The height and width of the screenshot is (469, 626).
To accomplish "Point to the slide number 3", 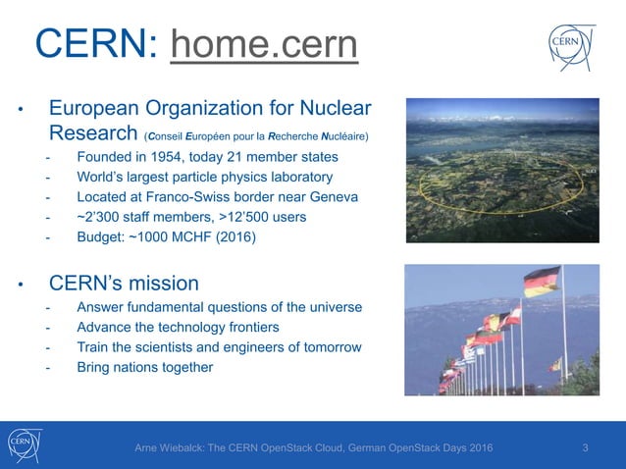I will (x=585, y=448).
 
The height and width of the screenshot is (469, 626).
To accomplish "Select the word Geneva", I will (x=333, y=197).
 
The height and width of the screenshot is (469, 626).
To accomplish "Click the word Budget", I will (x=100, y=236).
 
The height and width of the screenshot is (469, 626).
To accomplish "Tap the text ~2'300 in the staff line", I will (x=98, y=217).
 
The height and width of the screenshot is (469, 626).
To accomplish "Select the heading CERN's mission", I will (x=124, y=284).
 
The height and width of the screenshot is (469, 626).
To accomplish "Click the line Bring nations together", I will (x=144, y=367).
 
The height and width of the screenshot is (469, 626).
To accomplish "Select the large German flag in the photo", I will (x=542, y=282).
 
